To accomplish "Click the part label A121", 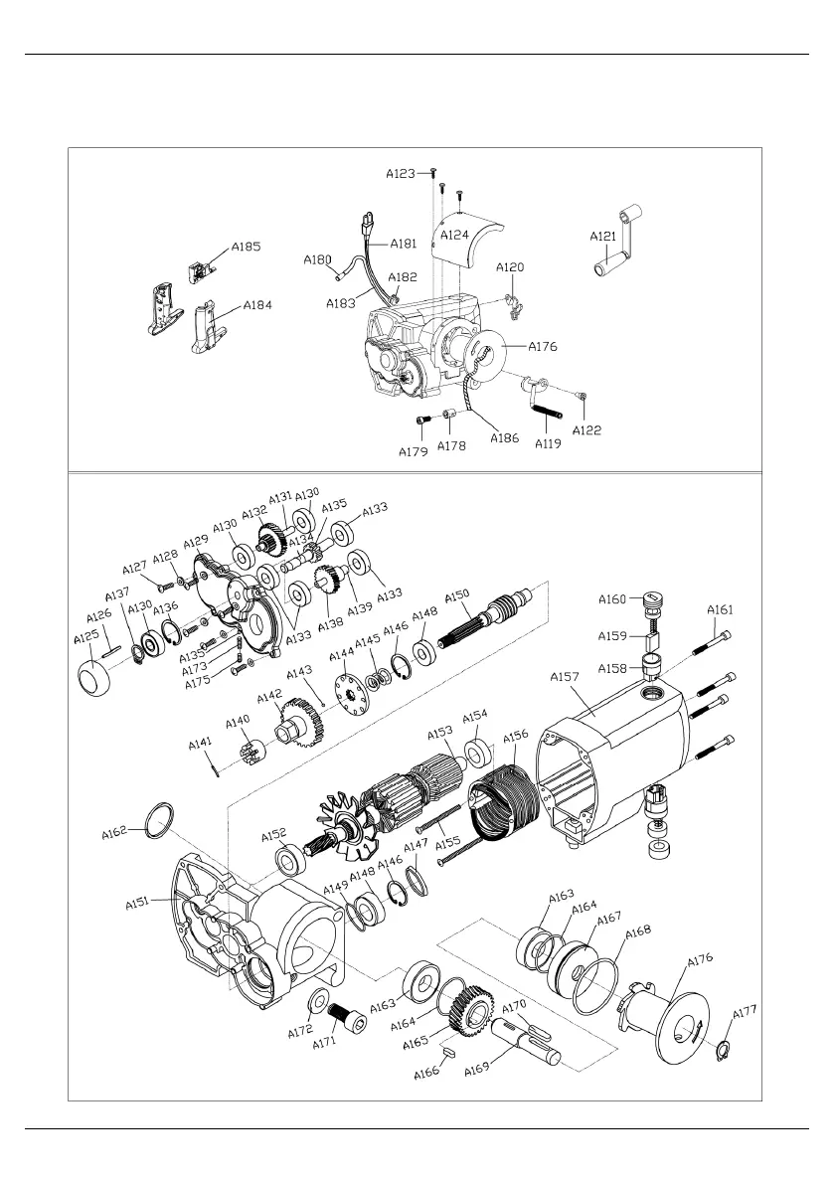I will (x=603, y=237).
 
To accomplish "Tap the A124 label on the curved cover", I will (x=455, y=235).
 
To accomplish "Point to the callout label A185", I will (x=247, y=247).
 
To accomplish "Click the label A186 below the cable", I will (x=505, y=438).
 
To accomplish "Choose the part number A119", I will (x=548, y=444).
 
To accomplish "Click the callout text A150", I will (x=456, y=594).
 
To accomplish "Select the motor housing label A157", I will (x=564, y=677).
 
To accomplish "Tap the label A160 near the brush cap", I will (x=612, y=599).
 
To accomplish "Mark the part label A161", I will (x=721, y=609).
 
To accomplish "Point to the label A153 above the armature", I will (x=440, y=733).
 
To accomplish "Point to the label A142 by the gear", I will (x=269, y=696).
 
